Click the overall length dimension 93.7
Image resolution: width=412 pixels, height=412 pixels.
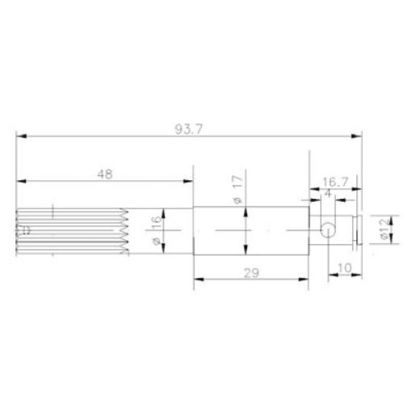187,128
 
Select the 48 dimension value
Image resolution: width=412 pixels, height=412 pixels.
104,172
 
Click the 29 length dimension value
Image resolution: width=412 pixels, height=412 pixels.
250,273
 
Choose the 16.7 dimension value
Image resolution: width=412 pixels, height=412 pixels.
334,183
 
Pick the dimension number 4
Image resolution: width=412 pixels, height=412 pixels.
328,194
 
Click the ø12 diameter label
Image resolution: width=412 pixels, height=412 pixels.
385,231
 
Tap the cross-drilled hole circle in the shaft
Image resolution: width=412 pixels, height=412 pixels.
327,230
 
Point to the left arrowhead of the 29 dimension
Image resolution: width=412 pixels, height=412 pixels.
198,280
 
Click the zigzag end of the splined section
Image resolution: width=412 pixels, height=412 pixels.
125,233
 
